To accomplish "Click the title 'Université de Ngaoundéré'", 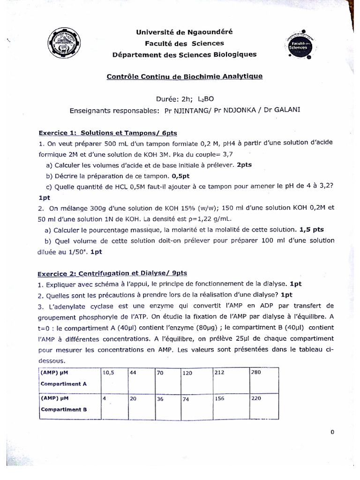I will [184, 32].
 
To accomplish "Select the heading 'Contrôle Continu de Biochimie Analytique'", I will [185, 76].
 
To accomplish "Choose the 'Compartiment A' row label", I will [64, 383].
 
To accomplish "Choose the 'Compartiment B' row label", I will [64, 409].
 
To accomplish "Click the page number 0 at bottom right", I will [332, 432].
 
